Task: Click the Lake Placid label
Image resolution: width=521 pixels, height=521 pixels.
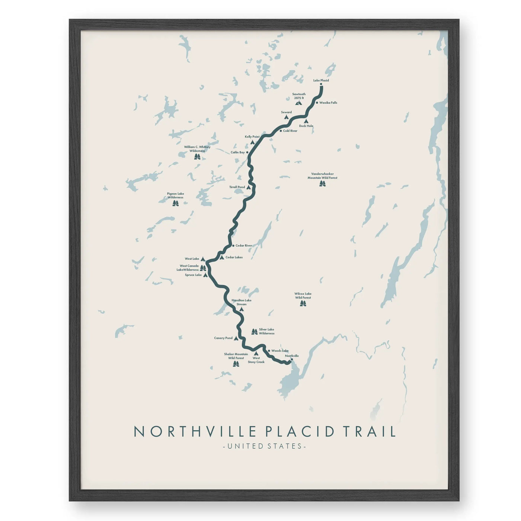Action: tap(321, 80)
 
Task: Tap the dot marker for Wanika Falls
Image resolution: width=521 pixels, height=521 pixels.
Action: tap(317, 103)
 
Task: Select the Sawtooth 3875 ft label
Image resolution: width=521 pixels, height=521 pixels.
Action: tap(299, 96)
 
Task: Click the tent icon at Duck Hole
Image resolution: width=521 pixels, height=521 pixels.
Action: tap(306, 121)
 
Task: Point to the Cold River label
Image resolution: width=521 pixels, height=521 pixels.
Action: tap(290, 131)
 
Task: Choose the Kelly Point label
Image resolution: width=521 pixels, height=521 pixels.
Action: tap(252, 137)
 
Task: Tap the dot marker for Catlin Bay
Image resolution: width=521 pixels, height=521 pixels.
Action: tap(247, 152)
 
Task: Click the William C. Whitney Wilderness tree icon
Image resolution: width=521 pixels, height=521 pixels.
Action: tap(197, 157)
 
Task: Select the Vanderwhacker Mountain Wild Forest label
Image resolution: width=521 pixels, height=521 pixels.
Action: tap(322, 176)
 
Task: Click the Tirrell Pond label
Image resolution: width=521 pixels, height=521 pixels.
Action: tap(237, 187)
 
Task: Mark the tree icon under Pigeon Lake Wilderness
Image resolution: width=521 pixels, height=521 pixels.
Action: tap(175, 203)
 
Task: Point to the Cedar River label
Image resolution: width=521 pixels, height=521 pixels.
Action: tap(244, 246)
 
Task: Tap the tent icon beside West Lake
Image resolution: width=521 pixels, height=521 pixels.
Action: tap(203, 259)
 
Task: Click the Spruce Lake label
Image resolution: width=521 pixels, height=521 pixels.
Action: tap(193, 275)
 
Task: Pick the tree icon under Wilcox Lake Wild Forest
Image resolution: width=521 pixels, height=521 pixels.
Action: tap(303, 303)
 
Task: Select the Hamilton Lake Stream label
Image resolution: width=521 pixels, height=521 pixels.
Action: tap(242, 302)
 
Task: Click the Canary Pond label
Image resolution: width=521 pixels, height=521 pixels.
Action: tap(223, 338)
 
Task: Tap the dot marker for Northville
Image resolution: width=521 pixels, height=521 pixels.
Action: tap(292, 359)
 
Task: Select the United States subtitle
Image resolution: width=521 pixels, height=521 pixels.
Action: tap(264, 446)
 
